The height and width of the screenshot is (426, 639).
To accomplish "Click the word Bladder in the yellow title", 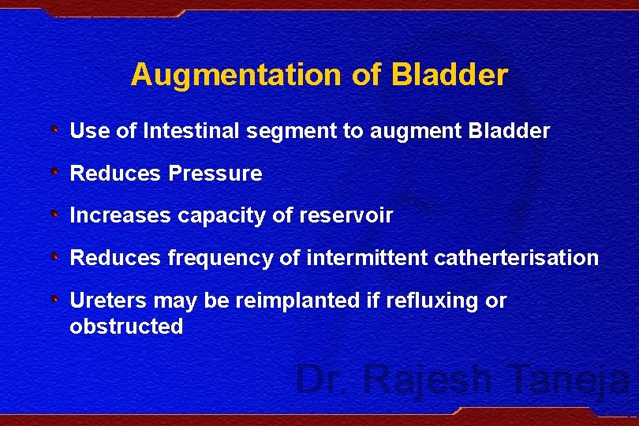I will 450,75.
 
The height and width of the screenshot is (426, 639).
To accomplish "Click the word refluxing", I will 435,301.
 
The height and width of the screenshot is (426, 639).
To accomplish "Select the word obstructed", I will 126,327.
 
